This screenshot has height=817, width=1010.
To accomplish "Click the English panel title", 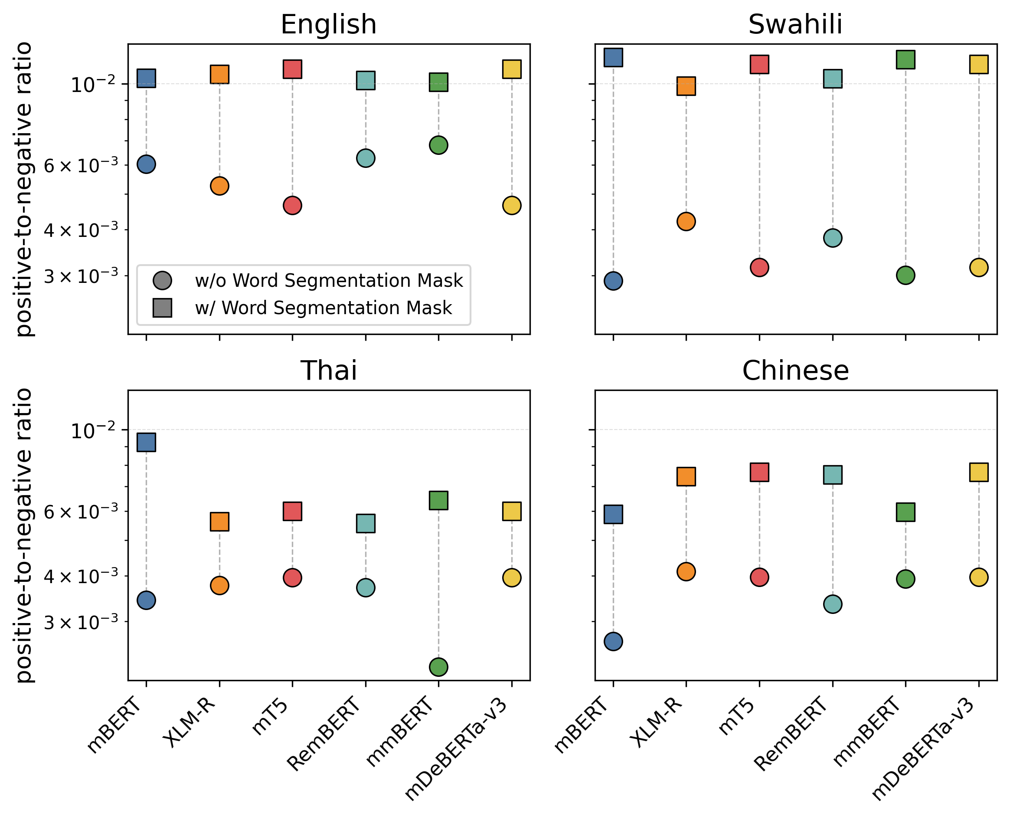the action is click(x=328, y=24).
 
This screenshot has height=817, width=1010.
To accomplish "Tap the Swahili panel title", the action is click(x=795, y=24).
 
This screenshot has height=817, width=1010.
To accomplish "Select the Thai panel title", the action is click(x=329, y=371).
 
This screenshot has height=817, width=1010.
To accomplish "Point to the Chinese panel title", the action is click(x=795, y=371).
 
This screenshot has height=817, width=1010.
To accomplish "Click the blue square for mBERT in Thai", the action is click(x=146, y=442).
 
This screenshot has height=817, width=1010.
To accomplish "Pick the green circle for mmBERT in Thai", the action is click(x=438, y=667).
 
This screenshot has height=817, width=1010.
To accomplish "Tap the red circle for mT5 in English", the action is click(x=292, y=206).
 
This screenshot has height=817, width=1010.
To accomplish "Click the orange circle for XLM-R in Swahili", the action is click(x=686, y=221).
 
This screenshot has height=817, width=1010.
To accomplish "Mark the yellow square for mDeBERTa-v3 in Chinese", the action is click(x=979, y=472).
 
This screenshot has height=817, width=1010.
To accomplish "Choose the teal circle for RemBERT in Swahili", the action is click(x=833, y=238).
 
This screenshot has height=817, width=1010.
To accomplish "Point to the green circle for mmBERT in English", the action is click(x=438, y=145).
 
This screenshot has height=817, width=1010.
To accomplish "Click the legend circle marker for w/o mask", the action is click(x=162, y=280).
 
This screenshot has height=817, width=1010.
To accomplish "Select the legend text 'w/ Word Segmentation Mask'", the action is click(x=323, y=308).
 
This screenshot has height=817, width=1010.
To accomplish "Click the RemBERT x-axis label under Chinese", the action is click(x=791, y=735).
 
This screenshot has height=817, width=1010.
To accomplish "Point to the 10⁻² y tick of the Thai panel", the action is click(x=93, y=430).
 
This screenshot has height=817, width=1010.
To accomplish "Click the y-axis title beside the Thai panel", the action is click(x=23, y=535).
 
